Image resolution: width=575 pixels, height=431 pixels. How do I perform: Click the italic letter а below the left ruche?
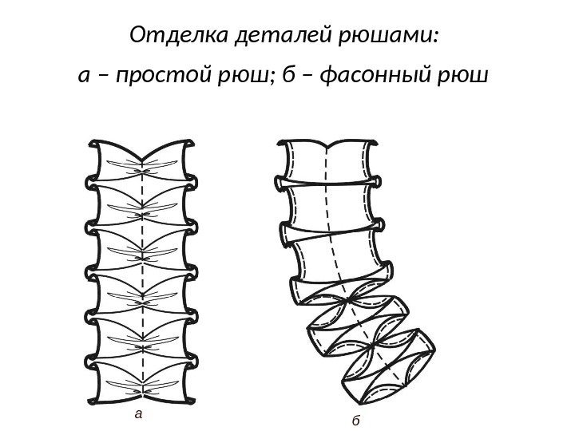point(139,413)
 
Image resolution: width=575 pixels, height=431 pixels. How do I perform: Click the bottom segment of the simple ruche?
point(142,378)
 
